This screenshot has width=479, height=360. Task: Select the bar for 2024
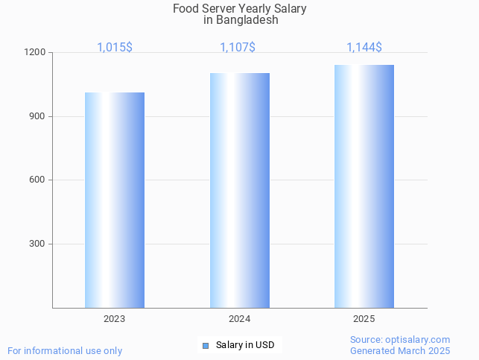[x=239, y=190]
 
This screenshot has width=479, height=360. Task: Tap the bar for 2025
[x=364, y=186]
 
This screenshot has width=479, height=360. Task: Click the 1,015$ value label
[x=115, y=48]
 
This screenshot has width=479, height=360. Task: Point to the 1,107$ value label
[x=238, y=48]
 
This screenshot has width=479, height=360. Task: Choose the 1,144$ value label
[x=364, y=48]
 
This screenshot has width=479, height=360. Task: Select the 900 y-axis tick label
[x=39, y=116]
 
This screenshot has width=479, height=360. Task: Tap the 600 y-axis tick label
[x=39, y=180]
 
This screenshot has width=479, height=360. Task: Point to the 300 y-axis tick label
[x=39, y=244]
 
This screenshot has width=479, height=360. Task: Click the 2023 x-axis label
[x=114, y=319]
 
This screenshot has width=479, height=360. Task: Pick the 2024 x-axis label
[x=239, y=319]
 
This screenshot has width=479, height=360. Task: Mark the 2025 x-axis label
[x=364, y=319]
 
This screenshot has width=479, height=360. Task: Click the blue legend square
[x=206, y=345]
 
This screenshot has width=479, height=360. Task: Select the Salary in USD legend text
[x=245, y=345]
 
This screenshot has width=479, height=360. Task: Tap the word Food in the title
[x=185, y=9]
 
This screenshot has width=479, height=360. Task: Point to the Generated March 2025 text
[x=400, y=350]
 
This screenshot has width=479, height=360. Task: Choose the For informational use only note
[x=65, y=350]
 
